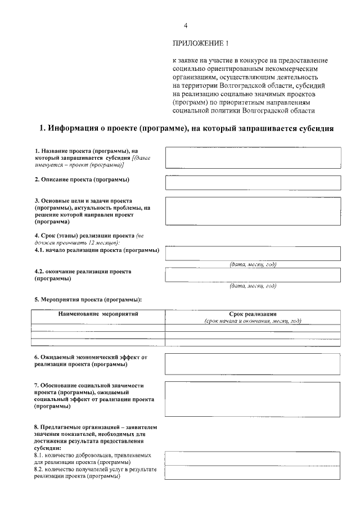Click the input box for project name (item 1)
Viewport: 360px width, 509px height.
click(x=253, y=157)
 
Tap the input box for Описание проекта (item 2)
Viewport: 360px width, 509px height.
click(x=253, y=183)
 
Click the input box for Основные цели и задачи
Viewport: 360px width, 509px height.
click(x=253, y=211)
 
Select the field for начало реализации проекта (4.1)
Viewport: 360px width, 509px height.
click(x=253, y=253)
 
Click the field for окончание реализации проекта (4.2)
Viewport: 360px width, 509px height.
click(x=253, y=274)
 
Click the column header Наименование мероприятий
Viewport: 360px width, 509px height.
click(x=98, y=313)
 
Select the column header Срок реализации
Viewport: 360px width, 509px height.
click(x=253, y=314)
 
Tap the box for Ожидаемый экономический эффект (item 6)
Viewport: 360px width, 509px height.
click(x=253, y=363)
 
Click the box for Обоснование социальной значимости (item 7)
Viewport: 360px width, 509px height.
click(x=253, y=399)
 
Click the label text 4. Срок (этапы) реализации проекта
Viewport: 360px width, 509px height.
click(x=84, y=235)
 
